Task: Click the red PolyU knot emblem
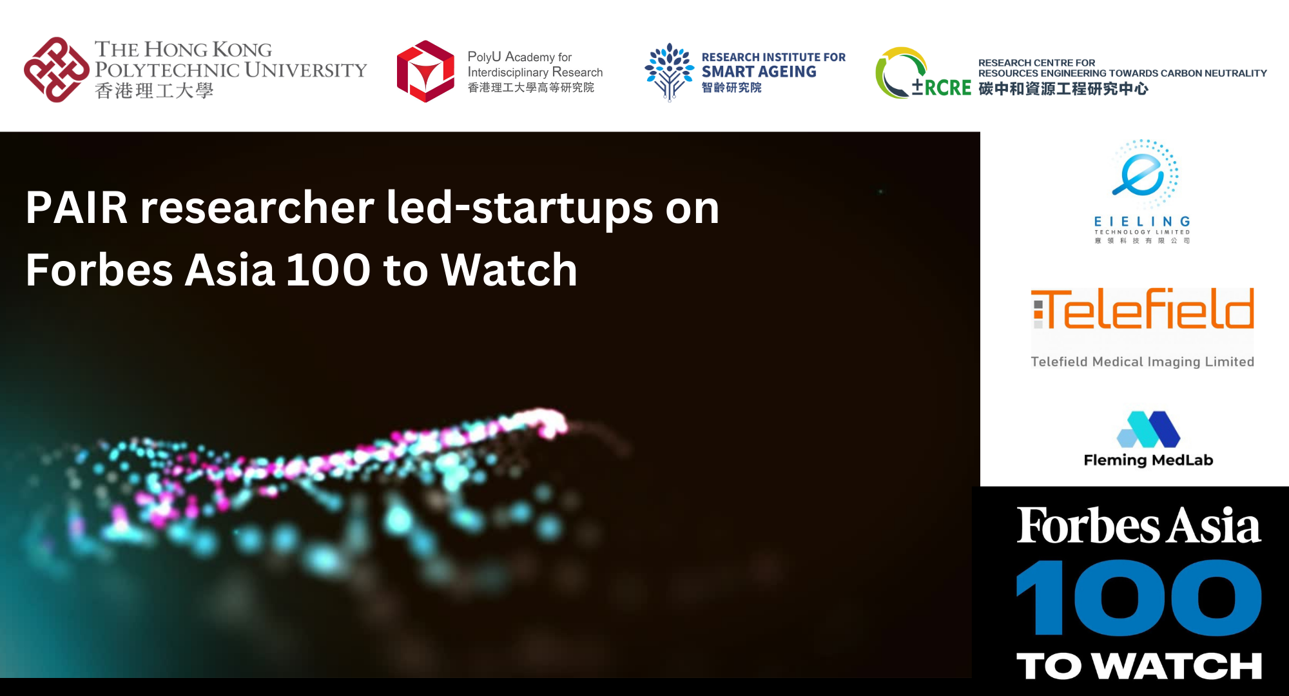point(57,70)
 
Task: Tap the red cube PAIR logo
point(425,72)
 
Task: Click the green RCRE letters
point(947,88)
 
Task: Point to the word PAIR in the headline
point(77,208)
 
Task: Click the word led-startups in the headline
point(519,208)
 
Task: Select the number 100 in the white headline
point(329,269)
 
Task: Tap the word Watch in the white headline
point(509,269)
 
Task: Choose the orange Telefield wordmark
point(1143,309)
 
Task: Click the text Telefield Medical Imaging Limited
point(1142,362)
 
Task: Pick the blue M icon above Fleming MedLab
point(1148,429)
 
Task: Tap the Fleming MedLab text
point(1148,460)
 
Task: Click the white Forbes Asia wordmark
point(1138,525)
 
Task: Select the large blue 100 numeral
point(1138,597)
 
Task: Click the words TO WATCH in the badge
point(1138,666)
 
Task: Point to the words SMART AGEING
point(759,72)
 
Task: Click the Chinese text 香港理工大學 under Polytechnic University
point(154,91)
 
